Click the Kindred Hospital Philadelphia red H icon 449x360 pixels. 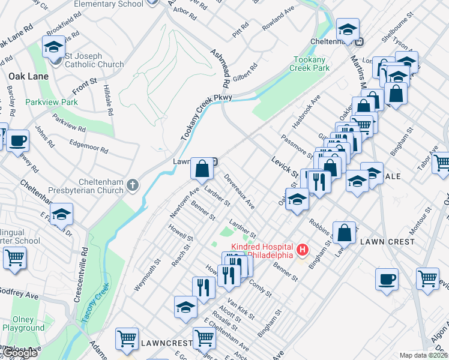303,249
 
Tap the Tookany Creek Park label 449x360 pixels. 312,64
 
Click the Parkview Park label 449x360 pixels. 52,102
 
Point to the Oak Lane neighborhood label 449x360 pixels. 24,76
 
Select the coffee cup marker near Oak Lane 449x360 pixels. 17,141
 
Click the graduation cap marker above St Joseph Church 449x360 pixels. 54,47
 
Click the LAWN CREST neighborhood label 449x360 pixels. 387,242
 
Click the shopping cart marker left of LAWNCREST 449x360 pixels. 127,338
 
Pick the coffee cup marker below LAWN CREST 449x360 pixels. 387,279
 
